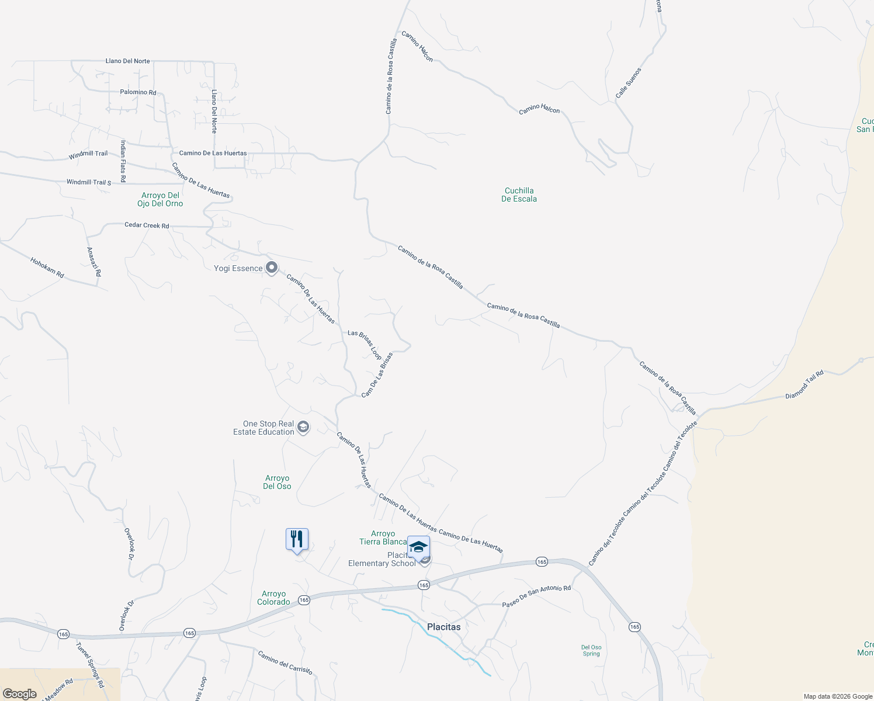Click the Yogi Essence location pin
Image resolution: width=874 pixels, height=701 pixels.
coord(272,268)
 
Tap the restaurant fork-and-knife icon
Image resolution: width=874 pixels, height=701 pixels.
coord(297,539)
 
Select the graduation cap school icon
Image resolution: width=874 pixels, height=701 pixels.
coord(418,547)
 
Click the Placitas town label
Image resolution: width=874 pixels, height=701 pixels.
coord(443,627)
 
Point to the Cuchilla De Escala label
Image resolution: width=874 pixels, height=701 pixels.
coord(519,195)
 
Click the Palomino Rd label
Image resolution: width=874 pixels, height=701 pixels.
coord(138,92)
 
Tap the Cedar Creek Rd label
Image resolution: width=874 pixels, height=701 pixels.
coord(147,225)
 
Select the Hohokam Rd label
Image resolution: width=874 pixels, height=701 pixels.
coord(47,268)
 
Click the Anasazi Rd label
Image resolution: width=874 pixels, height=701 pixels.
coord(93,262)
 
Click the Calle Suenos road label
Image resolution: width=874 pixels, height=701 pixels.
coord(629,83)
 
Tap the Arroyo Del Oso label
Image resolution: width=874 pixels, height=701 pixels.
coord(277,482)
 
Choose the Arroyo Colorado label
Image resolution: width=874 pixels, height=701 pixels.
coord(273,598)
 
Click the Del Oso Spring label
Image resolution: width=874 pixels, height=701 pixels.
coord(591,650)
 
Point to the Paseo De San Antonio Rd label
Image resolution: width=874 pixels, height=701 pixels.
coord(536,596)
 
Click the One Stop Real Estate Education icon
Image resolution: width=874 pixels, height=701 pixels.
coord(303,428)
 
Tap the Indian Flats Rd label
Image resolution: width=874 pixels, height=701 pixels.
coord(123,161)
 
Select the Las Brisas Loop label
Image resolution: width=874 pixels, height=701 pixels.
coord(365,345)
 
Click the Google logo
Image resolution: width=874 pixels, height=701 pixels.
coord(19,694)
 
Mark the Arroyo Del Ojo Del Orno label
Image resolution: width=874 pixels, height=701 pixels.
coord(160,199)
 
